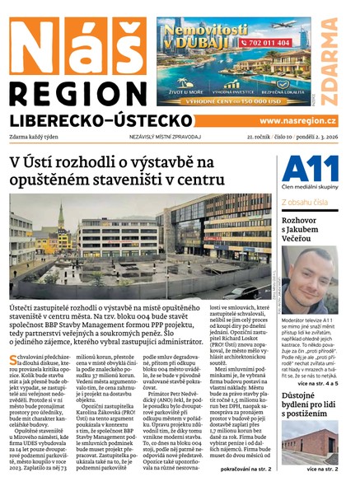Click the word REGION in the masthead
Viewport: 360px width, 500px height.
pyautogui.click(x=77, y=89)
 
